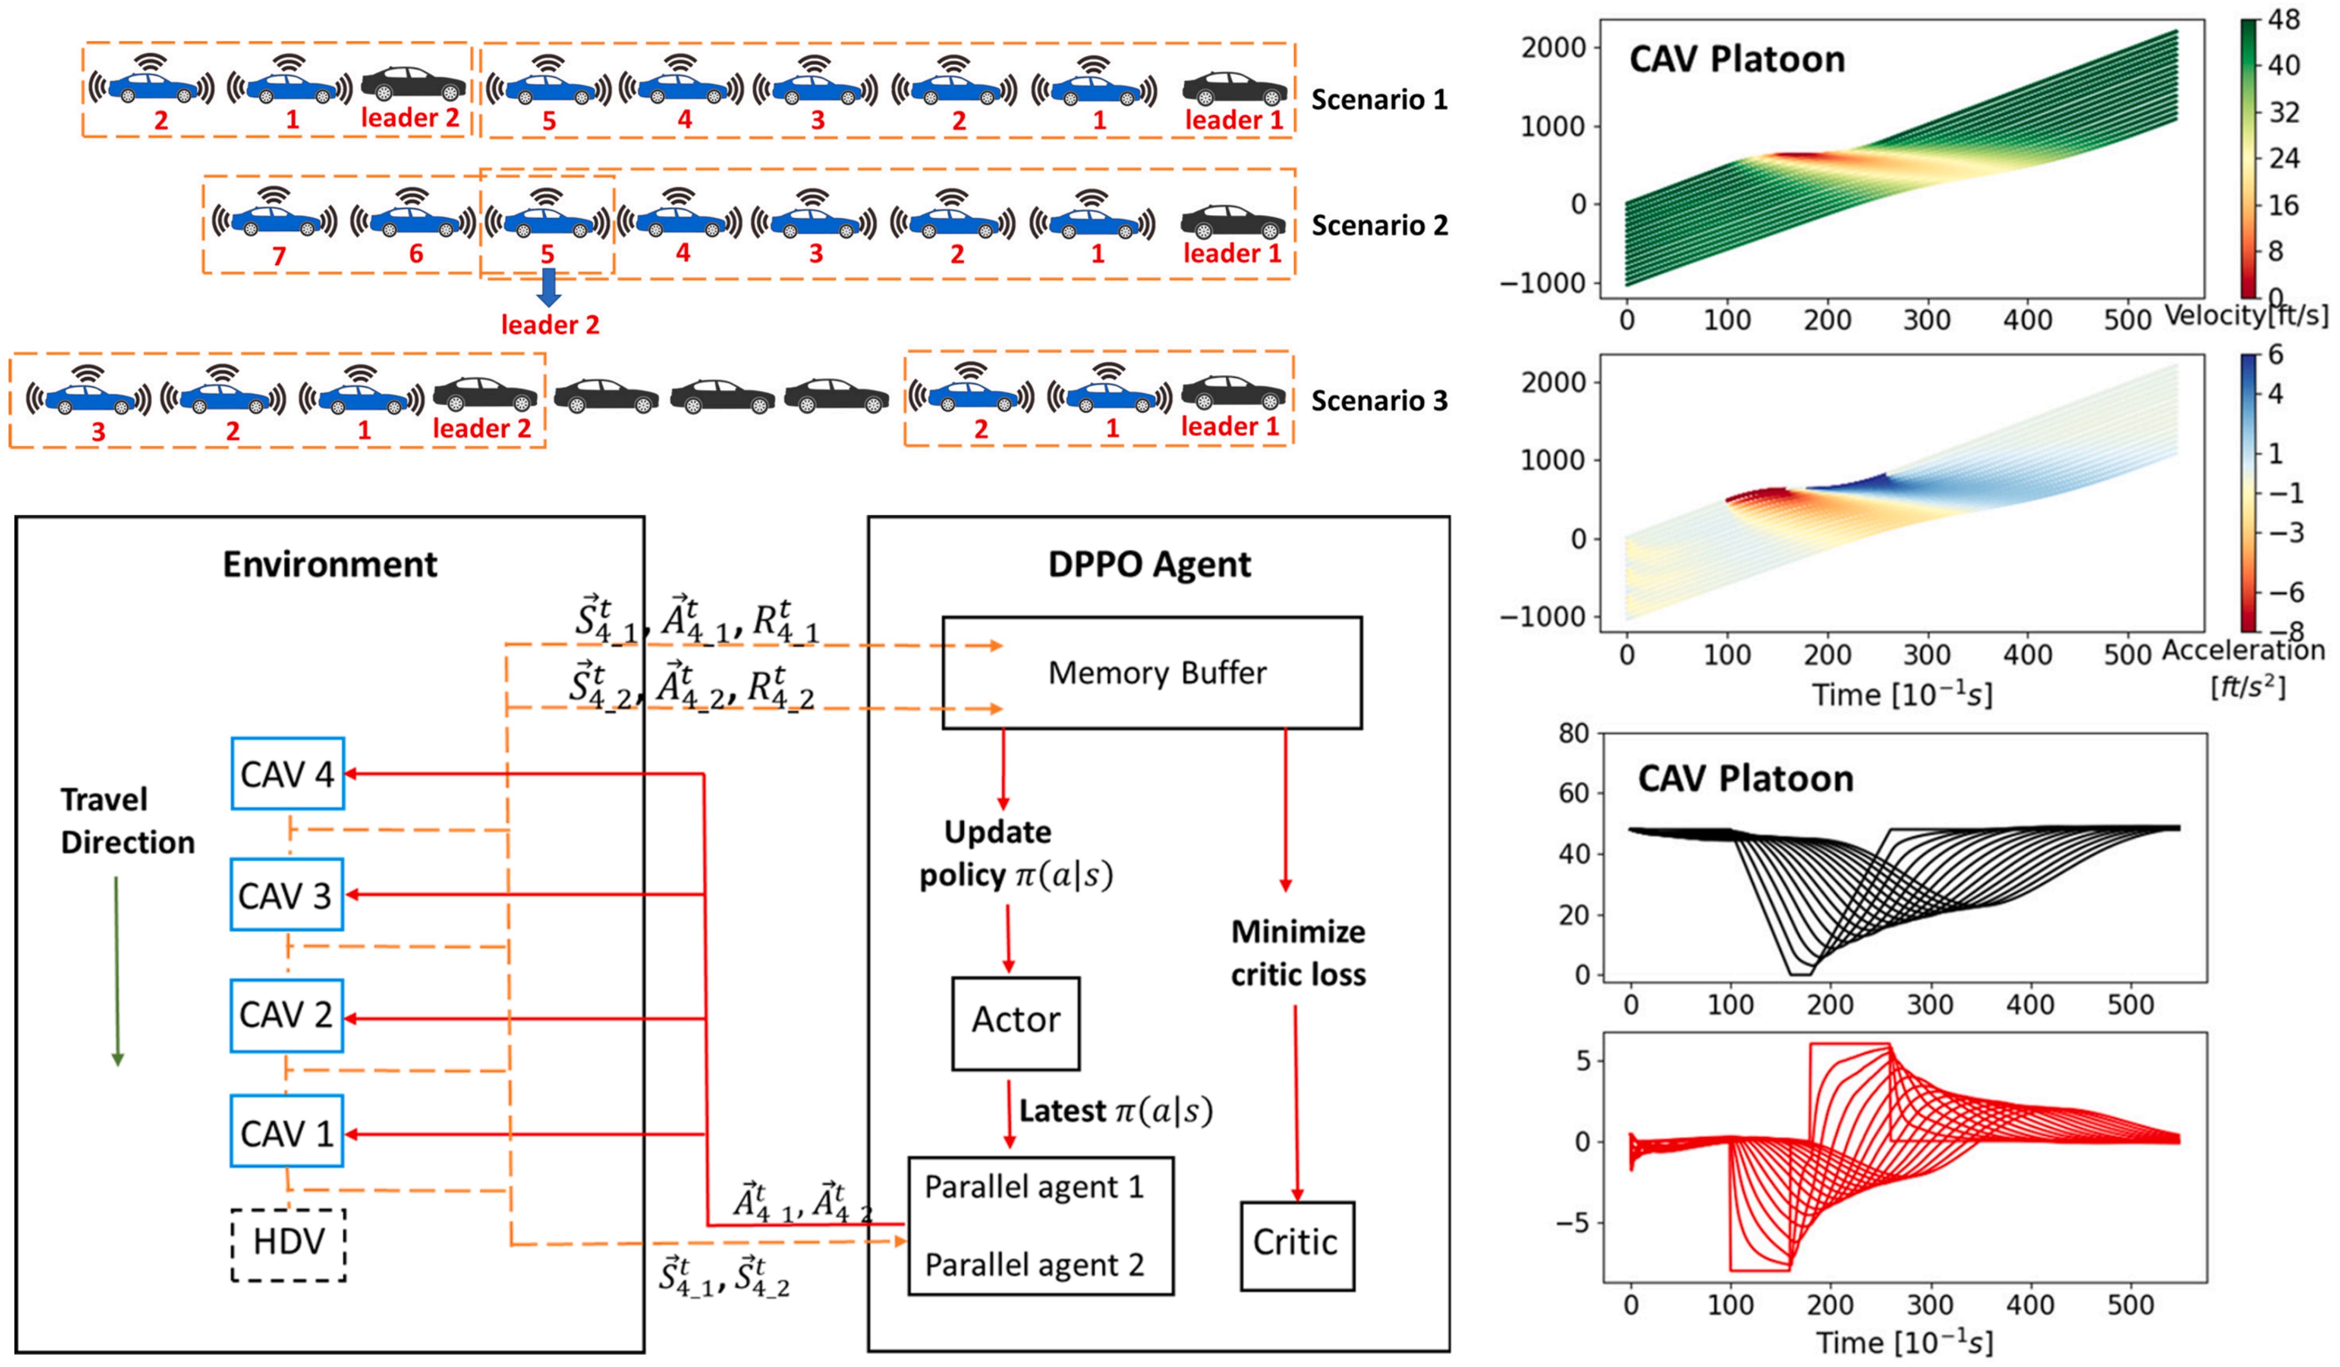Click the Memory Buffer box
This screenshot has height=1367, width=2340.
[1152, 672]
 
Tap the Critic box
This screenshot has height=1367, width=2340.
[1296, 1244]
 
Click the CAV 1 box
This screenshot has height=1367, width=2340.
[286, 1131]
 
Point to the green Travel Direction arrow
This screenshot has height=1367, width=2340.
[117, 970]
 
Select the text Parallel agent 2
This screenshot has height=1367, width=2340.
[1033, 1265]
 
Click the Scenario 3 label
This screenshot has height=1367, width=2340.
[1379, 401]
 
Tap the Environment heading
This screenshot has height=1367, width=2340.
[330, 564]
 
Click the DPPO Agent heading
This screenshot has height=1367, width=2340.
[1149, 564]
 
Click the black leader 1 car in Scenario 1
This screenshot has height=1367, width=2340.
[1234, 89]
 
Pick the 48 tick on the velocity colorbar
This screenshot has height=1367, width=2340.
[2283, 20]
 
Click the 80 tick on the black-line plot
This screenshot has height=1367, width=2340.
[1573, 734]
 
